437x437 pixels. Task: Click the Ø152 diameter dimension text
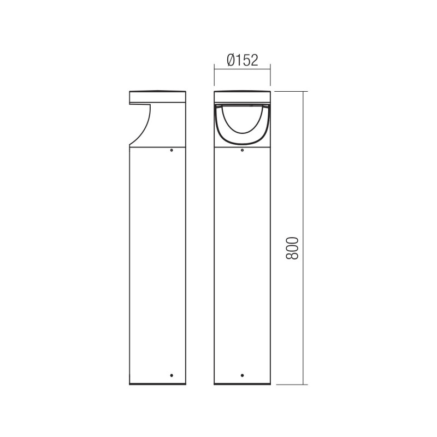(x=241, y=60)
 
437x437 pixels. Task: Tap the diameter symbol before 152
(x=230, y=60)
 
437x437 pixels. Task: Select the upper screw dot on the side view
(x=171, y=149)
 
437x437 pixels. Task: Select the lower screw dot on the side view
(x=171, y=375)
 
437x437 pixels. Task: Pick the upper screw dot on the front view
(x=242, y=149)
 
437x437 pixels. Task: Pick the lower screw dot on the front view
(x=242, y=375)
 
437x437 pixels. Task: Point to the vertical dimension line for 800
(x=303, y=164)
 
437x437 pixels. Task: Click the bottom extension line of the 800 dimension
(x=290, y=385)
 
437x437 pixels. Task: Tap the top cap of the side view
(x=157, y=97)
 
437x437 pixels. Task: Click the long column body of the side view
(x=157, y=262)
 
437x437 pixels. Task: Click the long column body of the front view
(x=242, y=262)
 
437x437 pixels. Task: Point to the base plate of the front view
(x=242, y=383)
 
